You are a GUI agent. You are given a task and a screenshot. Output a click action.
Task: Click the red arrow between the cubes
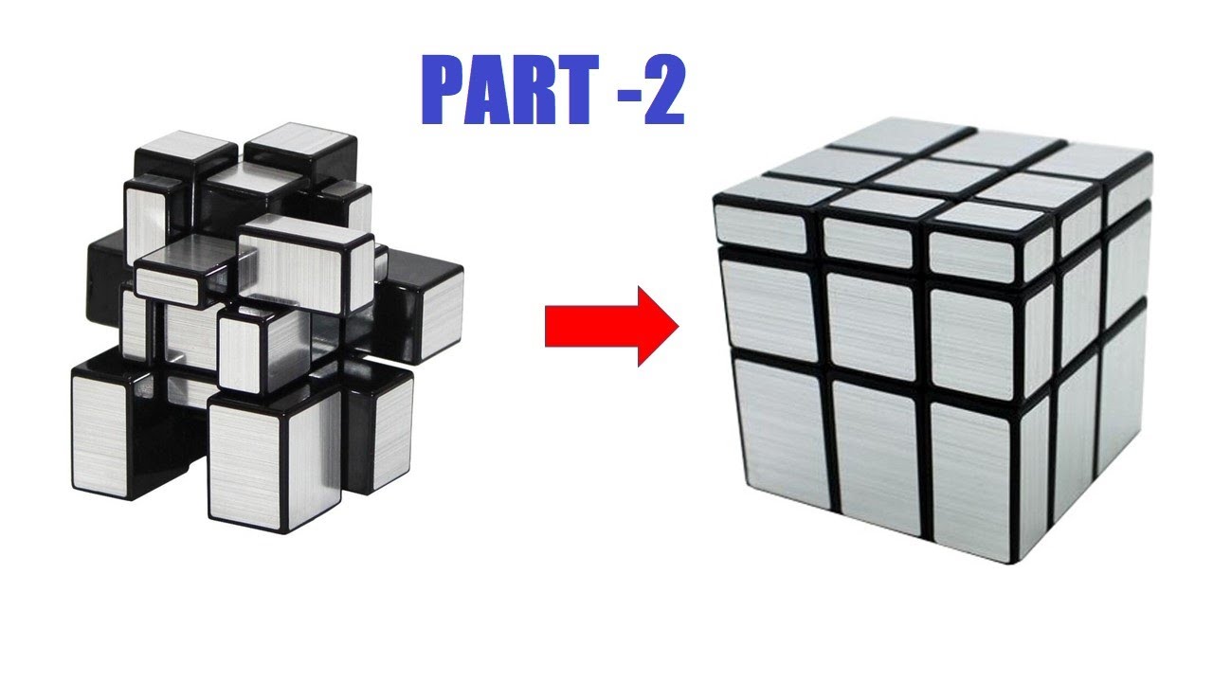pyautogui.click(x=611, y=326)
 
